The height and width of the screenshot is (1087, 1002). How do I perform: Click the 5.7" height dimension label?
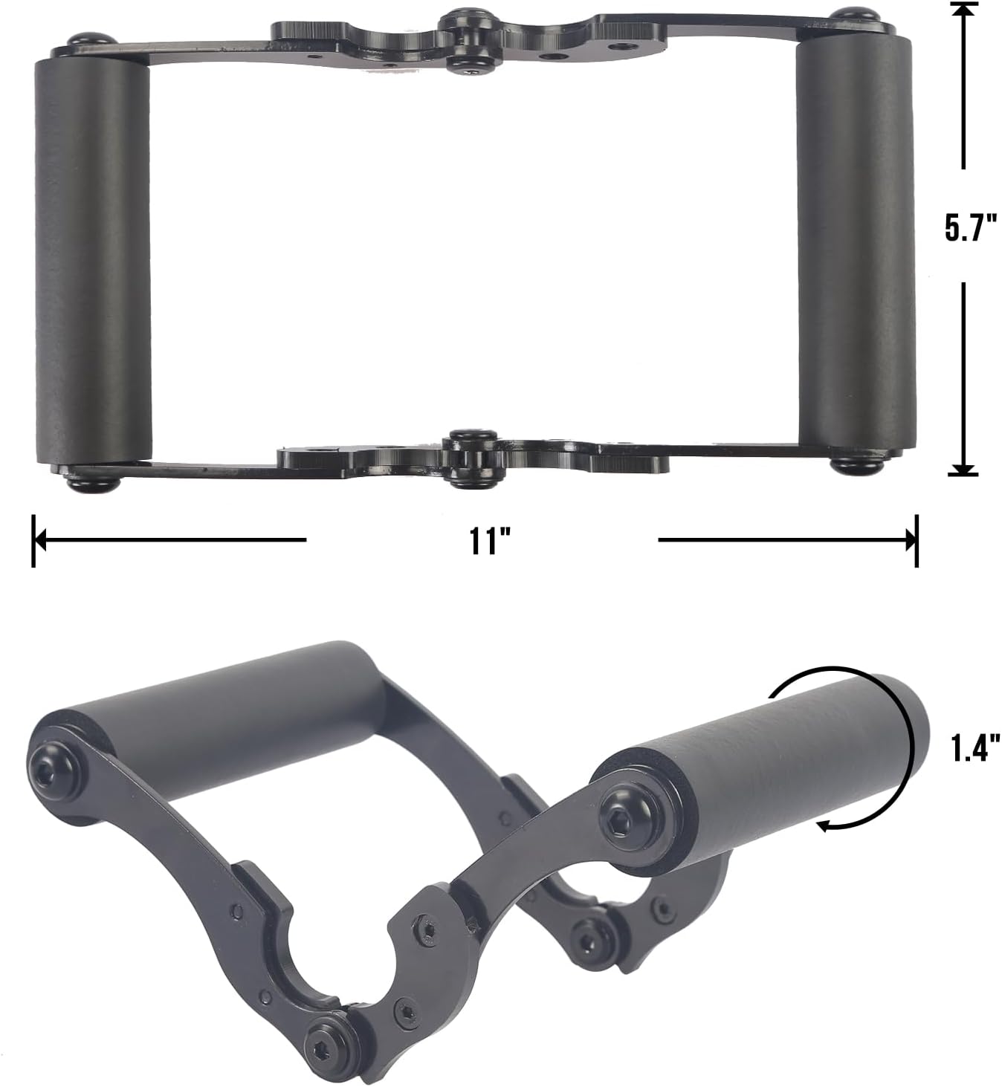click(x=971, y=227)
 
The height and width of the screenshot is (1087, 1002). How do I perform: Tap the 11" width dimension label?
click(x=484, y=541)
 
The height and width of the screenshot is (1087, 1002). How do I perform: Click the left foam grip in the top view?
click(x=92, y=261)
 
